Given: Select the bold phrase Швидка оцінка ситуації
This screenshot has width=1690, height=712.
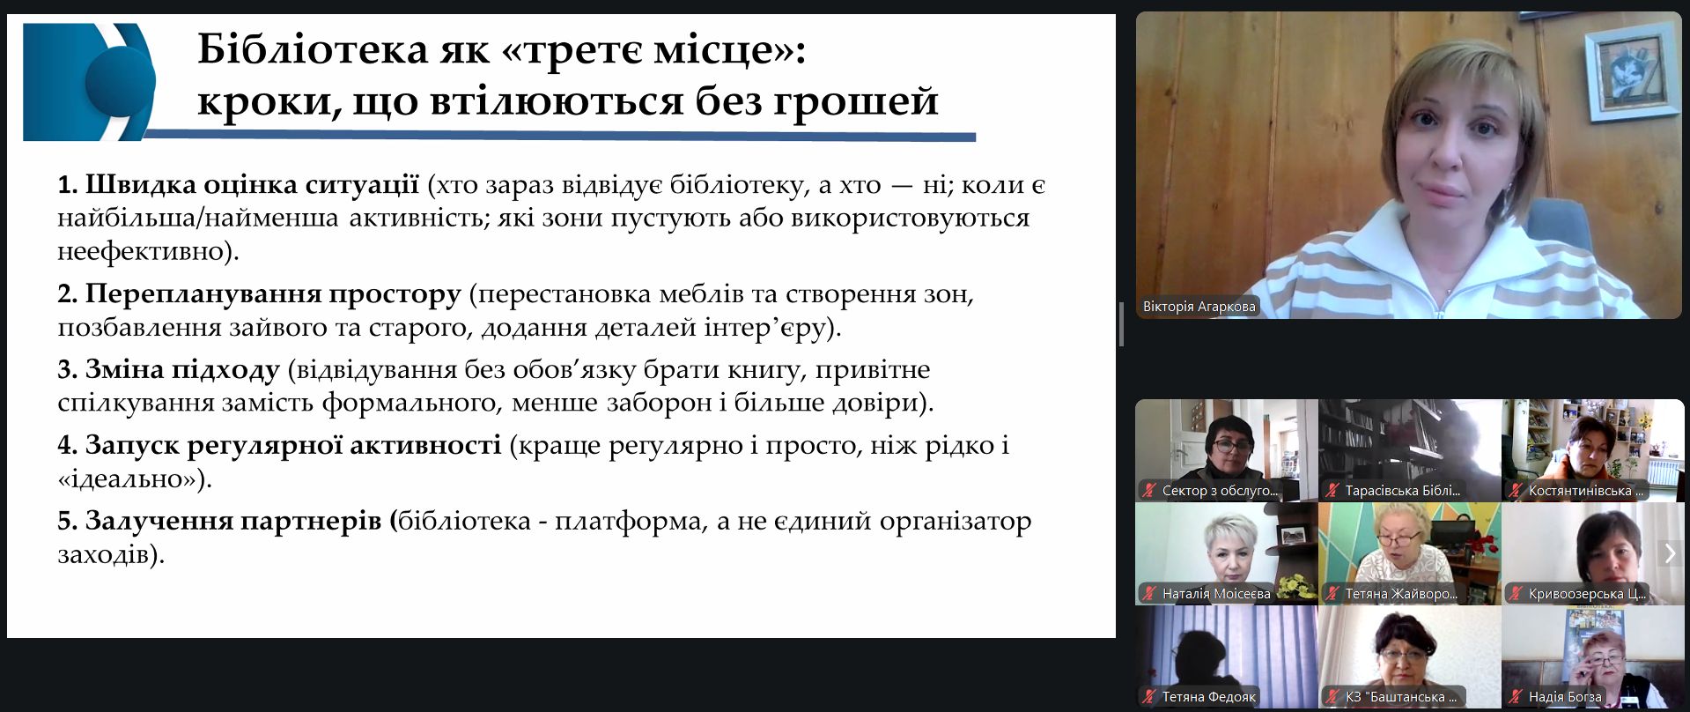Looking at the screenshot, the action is tap(252, 184).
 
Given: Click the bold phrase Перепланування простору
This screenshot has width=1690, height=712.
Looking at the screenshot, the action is tap(273, 293).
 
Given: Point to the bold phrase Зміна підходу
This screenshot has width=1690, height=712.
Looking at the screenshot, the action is tap(182, 369).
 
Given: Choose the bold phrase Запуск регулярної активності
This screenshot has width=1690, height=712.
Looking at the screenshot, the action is tap(293, 445).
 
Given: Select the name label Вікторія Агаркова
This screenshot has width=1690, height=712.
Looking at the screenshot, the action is tap(1199, 307).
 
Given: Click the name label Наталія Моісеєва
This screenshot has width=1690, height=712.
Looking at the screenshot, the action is tap(1216, 594).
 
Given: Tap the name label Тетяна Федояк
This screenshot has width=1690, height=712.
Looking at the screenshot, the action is tap(1208, 697).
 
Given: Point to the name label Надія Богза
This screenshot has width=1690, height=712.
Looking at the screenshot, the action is tap(1565, 697).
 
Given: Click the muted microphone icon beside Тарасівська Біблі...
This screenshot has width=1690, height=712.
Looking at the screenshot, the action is tap(1332, 491).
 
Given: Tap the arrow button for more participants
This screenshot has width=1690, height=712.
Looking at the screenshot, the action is tap(1670, 553).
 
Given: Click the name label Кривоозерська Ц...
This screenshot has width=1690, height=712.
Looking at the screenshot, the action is tap(1587, 594).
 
